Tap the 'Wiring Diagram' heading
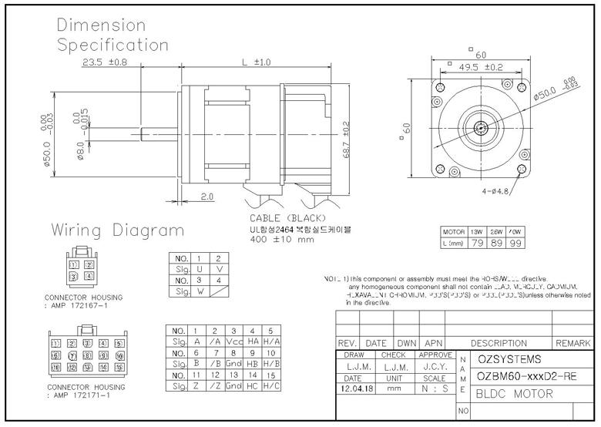(118, 230)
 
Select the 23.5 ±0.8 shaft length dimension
(105, 62)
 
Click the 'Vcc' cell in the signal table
(233, 341)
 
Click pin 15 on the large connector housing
(119, 368)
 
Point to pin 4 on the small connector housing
(89, 276)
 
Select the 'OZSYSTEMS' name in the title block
(509, 359)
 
